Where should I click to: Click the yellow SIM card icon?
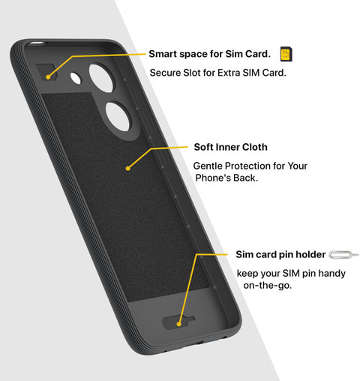286,54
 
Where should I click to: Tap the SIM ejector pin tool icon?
343,255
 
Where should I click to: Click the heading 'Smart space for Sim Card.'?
209,54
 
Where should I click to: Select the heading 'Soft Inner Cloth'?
230,147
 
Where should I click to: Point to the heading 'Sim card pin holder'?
280,254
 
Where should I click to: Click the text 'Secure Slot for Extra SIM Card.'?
217,73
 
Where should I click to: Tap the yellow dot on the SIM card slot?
48,77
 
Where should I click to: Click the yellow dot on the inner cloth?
127,169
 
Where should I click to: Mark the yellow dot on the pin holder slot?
178,324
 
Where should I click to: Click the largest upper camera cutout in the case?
102,78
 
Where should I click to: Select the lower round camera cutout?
118,116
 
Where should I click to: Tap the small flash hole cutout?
76,78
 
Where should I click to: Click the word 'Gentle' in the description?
208,166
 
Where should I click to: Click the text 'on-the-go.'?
268,285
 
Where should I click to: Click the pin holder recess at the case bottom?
178,322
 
